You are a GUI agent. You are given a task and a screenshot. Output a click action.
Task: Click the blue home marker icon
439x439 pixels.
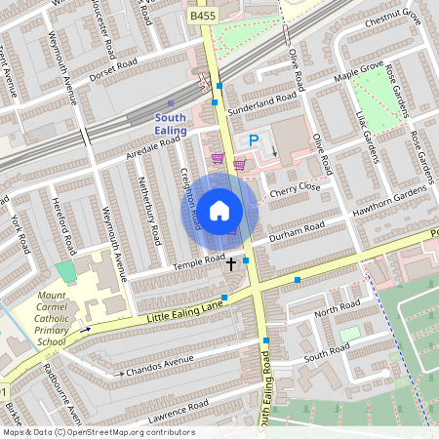point(219,210)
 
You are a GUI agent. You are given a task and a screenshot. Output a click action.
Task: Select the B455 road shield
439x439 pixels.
point(203,17)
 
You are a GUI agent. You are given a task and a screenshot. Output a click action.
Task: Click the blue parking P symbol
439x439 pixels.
point(254,141)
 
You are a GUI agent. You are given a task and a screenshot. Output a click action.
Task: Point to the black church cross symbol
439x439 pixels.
point(231,263)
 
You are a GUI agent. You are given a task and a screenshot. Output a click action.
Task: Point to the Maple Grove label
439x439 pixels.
point(359,71)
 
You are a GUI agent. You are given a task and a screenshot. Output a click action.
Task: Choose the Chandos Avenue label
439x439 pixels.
point(161,366)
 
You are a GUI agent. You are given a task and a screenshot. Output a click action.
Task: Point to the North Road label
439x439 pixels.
point(338,309)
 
